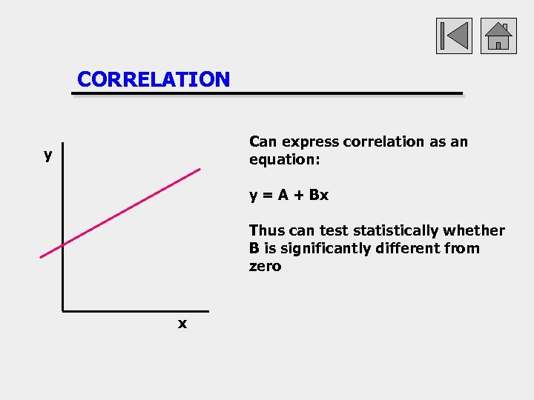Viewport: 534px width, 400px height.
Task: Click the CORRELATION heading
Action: point(154,79)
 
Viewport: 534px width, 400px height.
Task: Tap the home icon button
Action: point(498,36)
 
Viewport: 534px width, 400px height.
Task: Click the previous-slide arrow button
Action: point(454,36)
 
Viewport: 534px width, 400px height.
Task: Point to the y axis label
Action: point(48,155)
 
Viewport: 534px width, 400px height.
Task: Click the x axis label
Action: point(182,324)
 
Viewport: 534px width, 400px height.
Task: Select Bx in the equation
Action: point(319,196)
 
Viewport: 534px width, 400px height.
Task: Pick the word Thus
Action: point(266,230)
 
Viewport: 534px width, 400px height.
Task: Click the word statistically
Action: point(395,230)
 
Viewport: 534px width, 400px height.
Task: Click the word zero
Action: point(265,266)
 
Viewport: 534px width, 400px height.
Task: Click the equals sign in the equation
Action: point(267,196)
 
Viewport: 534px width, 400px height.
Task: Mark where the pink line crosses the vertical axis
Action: point(63,244)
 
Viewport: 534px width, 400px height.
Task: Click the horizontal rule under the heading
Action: point(267,95)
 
